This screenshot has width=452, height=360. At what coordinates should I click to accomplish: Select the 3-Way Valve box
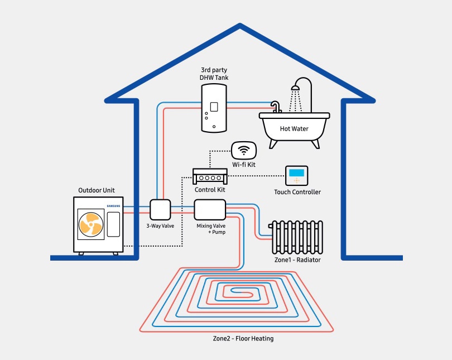point(160,209)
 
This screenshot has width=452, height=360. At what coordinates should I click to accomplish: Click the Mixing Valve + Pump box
point(210,209)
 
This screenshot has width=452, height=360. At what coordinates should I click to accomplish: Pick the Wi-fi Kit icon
point(244,150)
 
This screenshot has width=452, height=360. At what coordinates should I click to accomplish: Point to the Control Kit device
point(210,176)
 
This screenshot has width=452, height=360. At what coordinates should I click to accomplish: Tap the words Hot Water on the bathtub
point(294,129)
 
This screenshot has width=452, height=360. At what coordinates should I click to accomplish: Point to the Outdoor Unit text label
point(97,190)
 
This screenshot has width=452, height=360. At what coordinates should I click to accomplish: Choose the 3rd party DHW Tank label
point(214,74)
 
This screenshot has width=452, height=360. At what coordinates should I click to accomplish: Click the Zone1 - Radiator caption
point(297,260)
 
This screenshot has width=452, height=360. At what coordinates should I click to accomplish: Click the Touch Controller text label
point(297,193)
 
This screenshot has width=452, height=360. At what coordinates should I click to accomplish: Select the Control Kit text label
point(210,190)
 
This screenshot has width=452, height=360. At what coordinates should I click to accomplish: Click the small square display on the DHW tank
point(213,106)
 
